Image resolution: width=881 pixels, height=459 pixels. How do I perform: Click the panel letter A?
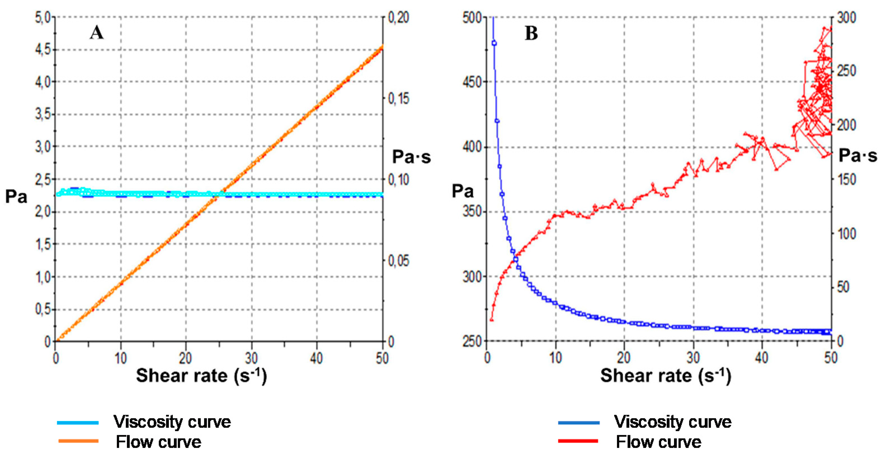coord(96,33)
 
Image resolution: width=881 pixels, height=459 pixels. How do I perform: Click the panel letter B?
coord(531,34)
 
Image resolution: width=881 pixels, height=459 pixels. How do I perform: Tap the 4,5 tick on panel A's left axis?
coord(43,50)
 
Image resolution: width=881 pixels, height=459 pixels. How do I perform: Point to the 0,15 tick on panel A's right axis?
coord(399,99)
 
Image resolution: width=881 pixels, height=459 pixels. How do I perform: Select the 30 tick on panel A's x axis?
coord(251,358)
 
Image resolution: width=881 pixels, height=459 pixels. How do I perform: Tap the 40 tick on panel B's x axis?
coord(762,358)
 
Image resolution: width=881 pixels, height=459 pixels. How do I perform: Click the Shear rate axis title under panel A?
coord(201,376)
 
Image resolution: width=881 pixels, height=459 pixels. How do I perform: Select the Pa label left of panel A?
coord(16,197)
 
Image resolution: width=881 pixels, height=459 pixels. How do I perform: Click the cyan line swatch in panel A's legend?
coord(78,423)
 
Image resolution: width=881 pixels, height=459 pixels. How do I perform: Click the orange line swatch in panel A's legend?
coord(78,441)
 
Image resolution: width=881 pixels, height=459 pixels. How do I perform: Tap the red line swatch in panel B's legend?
coord(578,441)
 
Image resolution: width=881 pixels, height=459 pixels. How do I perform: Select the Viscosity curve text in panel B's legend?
coord(672,422)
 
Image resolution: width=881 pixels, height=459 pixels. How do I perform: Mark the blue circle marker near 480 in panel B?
coord(494,43)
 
